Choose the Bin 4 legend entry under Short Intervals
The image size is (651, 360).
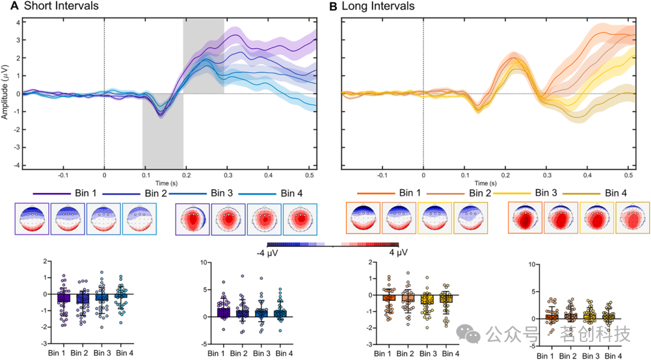[294, 193]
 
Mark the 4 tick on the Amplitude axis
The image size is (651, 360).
[19, 22]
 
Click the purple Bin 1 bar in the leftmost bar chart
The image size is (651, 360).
[64, 298]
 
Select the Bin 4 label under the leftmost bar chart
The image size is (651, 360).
[124, 353]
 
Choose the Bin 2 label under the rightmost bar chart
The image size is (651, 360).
[571, 356]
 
